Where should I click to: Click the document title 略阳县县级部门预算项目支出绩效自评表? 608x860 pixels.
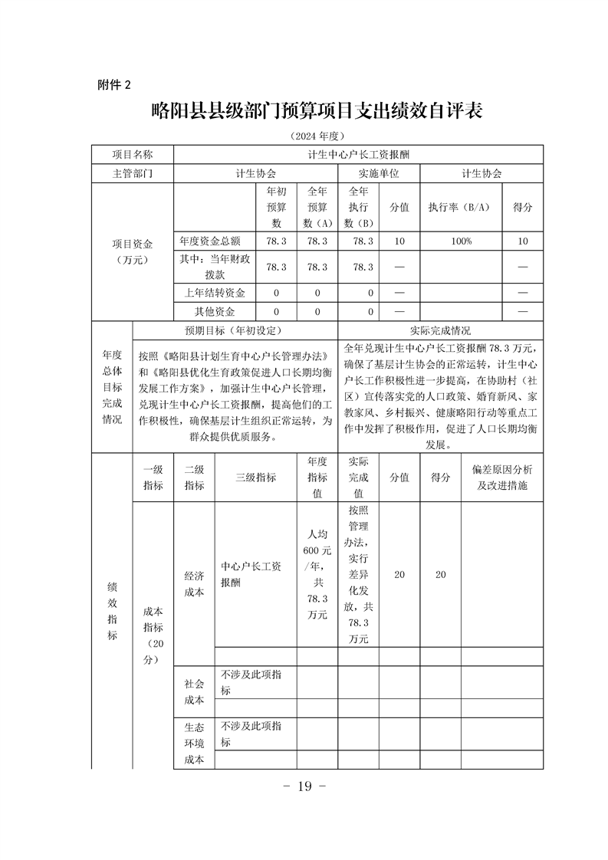(x=316, y=111)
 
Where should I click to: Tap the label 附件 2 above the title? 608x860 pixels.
(x=114, y=84)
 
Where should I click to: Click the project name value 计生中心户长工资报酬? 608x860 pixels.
(x=359, y=154)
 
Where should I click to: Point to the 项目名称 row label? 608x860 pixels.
(x=133, y=154)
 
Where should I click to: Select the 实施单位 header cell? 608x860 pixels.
(x=379, y=173)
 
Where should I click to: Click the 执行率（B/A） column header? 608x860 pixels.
(x=460, y=207)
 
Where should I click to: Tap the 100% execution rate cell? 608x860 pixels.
(x=460, y=241)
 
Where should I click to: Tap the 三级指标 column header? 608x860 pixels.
(x=256, y=476)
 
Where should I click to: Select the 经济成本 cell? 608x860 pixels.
(x=194, y=582)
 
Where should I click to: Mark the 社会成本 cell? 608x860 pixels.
(x=194, y=691)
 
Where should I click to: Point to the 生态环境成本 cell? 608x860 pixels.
(x=194, y=743)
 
